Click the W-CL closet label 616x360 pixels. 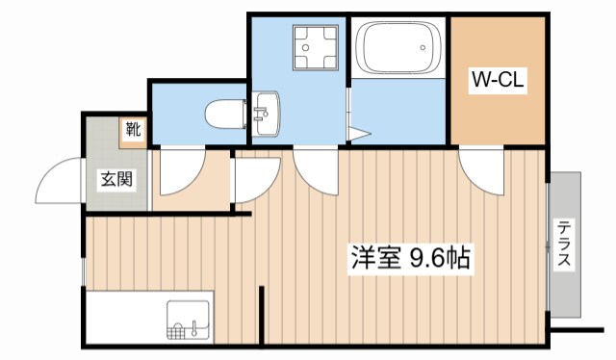click(496, 81)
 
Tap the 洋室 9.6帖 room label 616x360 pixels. click(410, 258)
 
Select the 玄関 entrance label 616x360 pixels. click(115, 179)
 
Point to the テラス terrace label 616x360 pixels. click(564, 246)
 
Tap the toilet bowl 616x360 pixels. click(223, 113)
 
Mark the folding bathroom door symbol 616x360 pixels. click(358, 135)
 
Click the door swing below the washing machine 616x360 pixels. click(316, 169)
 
